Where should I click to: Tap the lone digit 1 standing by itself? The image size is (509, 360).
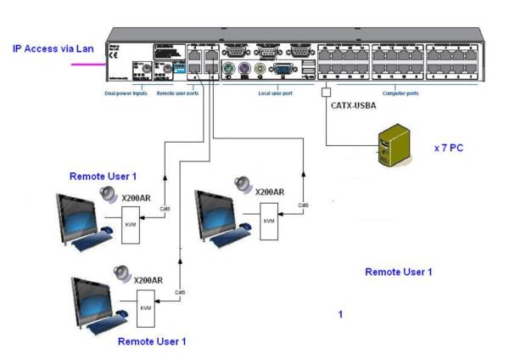point(340,314)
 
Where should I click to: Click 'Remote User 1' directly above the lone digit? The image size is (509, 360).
point(399,272)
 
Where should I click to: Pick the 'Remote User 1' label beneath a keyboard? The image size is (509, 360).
point(151,340)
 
